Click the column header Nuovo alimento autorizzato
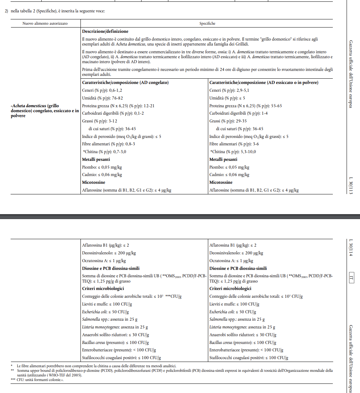coord(45,23)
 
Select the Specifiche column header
coord(207,23)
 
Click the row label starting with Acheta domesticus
coord(44,110)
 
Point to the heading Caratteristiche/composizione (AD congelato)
coord(125,83)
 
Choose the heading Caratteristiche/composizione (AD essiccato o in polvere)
coord(264,83)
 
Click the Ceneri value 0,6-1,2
coord(102,90)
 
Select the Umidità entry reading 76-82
coord(102,98)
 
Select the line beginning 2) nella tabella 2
coord(55,11)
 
